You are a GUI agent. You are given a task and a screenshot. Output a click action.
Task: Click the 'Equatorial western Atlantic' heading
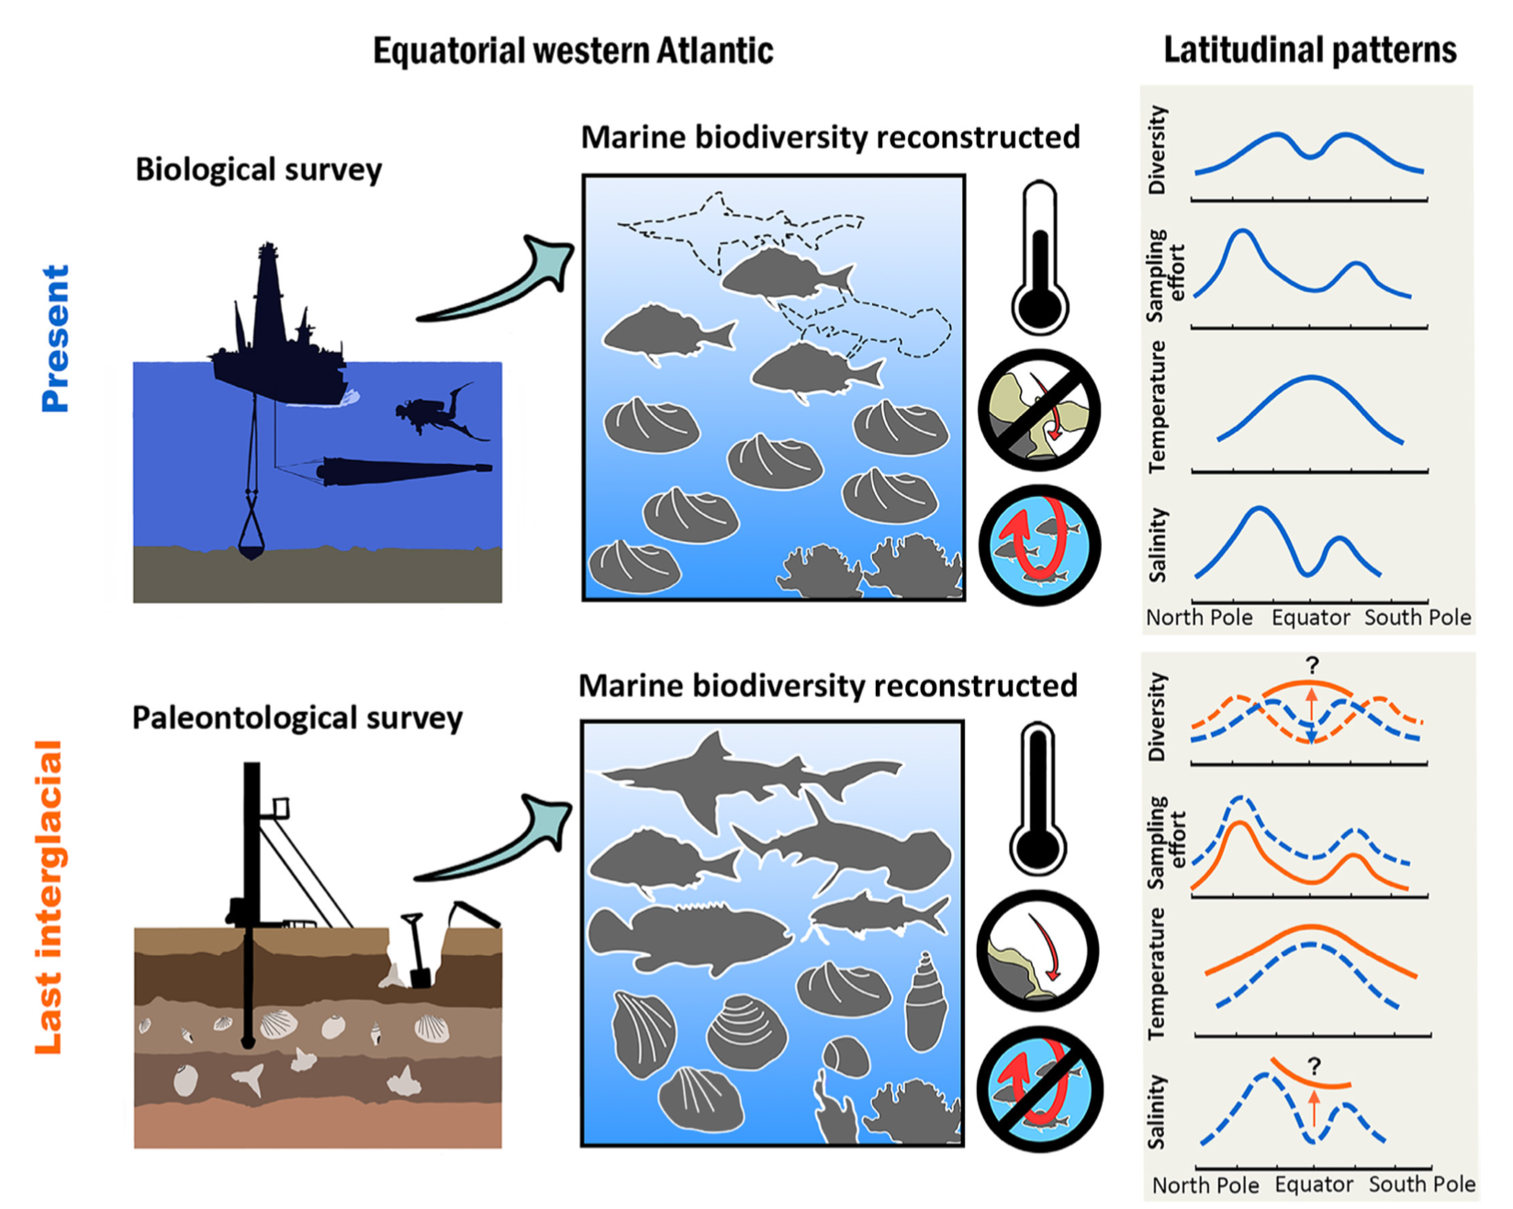coord(573,51)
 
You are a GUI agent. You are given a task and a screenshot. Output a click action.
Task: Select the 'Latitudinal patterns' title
coord(1309,50)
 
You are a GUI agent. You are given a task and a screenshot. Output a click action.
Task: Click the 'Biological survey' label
coord(258,170)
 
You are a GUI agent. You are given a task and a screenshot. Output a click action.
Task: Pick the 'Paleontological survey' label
coord(297,717)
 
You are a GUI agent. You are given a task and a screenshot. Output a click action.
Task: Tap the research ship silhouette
coord(275,331)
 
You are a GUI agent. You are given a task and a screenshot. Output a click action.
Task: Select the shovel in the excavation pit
coord(416,951)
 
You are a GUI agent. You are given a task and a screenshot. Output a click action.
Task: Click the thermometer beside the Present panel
coord(1039,257)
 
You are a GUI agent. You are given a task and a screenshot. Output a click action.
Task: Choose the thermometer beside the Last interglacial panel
coord(1037,799)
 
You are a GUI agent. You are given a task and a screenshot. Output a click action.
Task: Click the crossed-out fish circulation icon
coord(1038,1089)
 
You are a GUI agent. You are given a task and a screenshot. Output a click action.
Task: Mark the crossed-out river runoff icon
coord(1038,409)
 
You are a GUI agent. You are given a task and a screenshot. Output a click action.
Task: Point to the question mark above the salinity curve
coord(1314,1067)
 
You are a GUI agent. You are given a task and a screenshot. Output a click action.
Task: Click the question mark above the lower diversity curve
coord(1312,665)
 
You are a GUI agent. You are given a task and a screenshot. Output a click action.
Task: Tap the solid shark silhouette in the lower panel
coord(734,776)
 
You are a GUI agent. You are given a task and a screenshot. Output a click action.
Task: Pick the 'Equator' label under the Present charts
coord(1310,617)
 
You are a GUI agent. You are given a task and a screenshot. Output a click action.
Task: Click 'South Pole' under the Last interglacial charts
coord(1421,1184)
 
